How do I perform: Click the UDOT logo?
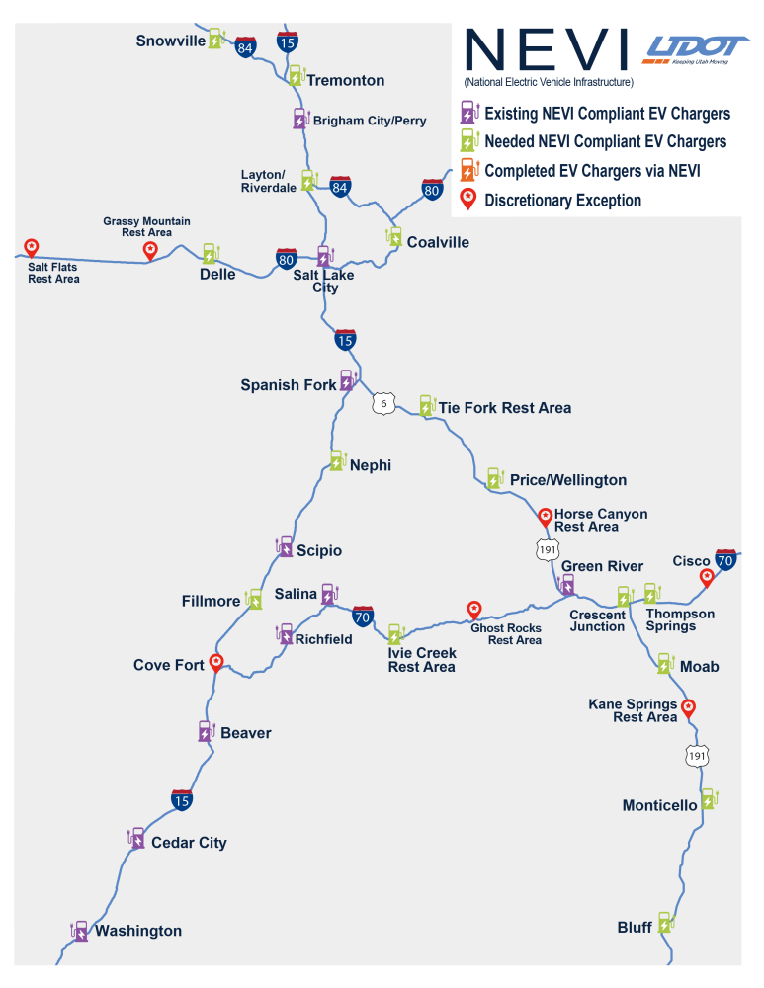click(695, 49)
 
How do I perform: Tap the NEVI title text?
click(546, 49)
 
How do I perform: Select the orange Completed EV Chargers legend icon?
click(469, 170)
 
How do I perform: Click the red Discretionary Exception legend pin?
click(467, 200)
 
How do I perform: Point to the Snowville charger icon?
click(216, 39)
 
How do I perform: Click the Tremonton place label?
click(346, 80)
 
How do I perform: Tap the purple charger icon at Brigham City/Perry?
click(300, 119)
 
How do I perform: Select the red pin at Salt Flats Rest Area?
click(31, 248)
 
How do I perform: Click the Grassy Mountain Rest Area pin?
click(150, 251)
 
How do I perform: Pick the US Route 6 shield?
click(383, 403)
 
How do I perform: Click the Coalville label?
click(438, 243)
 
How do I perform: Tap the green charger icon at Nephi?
click(338, 460)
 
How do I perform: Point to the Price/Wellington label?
click(568, 480)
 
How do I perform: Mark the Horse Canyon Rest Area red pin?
click(546, 518)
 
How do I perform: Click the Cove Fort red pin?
click(216, 663)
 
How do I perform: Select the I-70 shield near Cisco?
click(725, 560)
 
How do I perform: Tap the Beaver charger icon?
click(207, 731)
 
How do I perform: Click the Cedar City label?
click(189, 843)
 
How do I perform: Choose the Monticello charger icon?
click(710, 799)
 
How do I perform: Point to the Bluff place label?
click(635, 928)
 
